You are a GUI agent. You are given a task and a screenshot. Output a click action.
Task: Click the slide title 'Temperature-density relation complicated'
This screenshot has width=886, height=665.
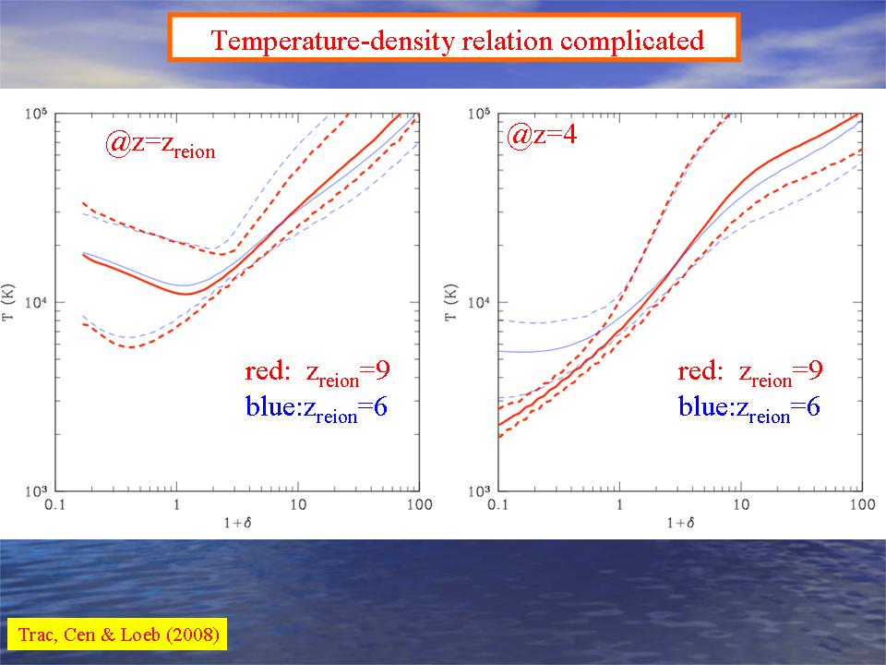click(x=456, y=41)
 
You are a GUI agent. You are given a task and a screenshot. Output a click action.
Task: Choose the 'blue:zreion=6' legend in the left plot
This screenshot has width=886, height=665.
click(x=316, y=407)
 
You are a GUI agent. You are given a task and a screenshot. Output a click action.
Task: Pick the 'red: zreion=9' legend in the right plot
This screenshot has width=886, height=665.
click(x=750, y=372)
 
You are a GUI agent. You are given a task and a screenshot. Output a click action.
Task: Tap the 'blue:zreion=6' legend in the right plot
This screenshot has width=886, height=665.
click(x=749, y=407)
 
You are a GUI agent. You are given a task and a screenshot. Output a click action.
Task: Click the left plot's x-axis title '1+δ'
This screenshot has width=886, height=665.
click(x=237, y=522)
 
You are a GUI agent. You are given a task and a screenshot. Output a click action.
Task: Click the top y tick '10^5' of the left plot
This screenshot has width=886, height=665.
click(x=38, y=114)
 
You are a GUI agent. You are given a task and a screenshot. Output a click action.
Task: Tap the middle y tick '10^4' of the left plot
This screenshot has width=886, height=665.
click(x=38, y=302)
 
